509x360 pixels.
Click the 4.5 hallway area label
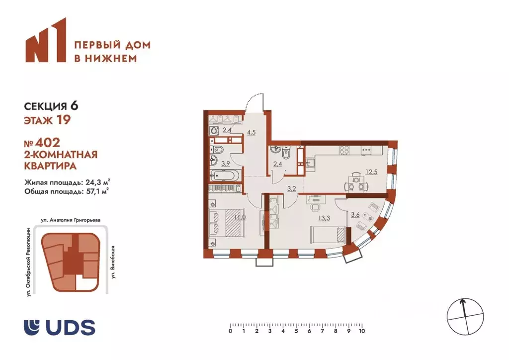(x=252, y=132)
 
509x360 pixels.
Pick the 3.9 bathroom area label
(x=211, y=163)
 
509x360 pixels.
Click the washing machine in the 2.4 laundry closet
(x=214, y=131)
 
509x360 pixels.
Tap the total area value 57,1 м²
(x=96, y=189)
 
